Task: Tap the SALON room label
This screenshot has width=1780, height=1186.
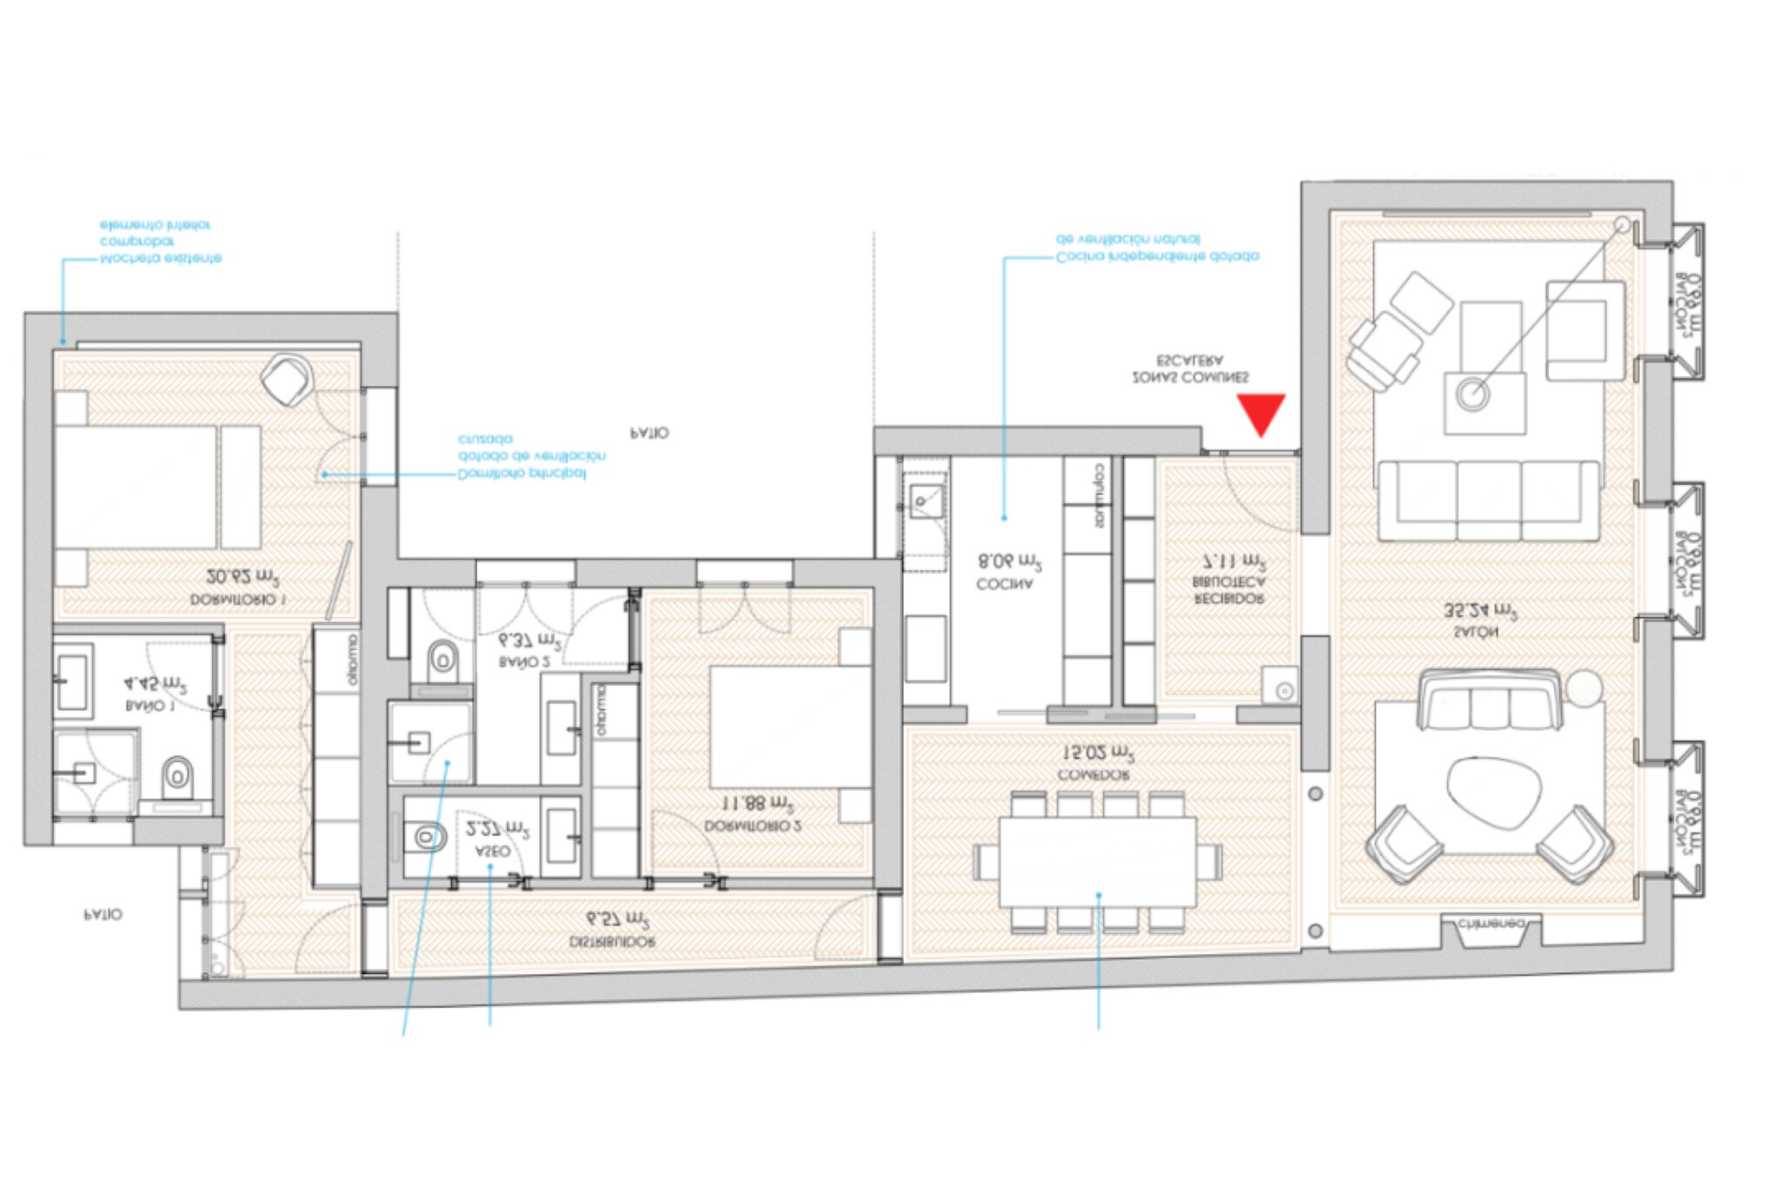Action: tap(1475, 633)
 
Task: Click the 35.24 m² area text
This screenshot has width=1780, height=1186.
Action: tap(1479, 612)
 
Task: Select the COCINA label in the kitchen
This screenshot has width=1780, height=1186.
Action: tap(1005, 585)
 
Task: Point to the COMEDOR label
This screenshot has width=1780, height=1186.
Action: tap(1093, 774)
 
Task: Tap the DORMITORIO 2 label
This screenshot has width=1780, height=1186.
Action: tap(753, 826)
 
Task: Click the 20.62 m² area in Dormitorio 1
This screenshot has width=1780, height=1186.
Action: tap(242, 577)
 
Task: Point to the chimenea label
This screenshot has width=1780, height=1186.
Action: tap(1491, 924)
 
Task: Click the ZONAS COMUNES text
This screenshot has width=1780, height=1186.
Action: tap(1190, 378)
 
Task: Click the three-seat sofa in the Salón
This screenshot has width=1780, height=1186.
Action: tap(1488, 501)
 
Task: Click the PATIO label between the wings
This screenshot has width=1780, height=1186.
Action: tap(649, 433)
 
